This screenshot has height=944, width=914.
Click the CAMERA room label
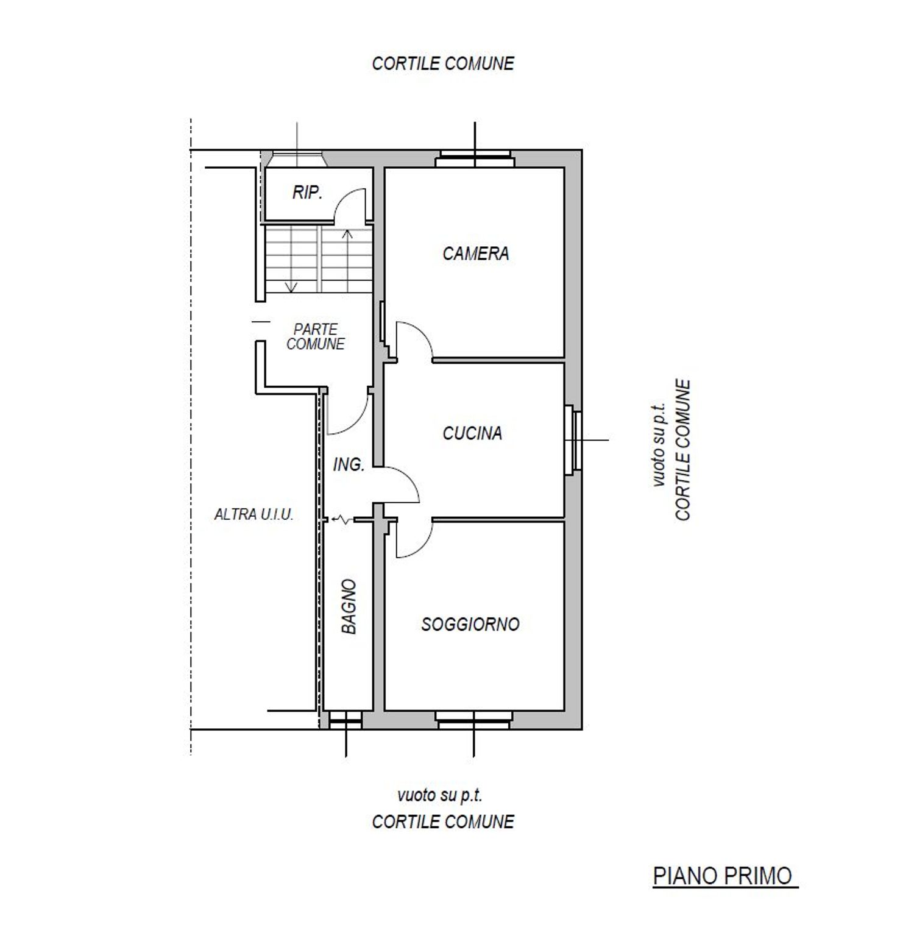pyautogui.click(x=475, y=254)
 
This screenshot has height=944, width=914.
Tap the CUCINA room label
pyautogui.click(x=472, y=433)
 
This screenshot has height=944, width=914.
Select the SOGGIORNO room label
pyautogui.click(x=470, y=624)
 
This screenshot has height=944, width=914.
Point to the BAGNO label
pyautogui.click(x=349, y=606)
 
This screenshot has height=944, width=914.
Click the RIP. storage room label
pyautogui.click(x=307, y=193)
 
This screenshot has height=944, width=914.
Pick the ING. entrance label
pyautogui.click(x=349, y=465)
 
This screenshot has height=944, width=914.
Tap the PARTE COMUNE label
pyautogui.click(x=316, y=336)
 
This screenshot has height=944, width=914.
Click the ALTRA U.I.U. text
pyautogui.click(x=254, y=514)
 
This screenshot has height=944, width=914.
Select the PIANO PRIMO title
pyautogui.click(x=724, y=876)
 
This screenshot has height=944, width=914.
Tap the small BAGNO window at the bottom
pyautogui.click(x=345, y=720)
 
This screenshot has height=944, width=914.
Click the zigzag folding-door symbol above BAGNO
pyautogui.click(x=342, y=520)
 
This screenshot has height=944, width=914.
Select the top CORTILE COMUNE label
pyautogui.click(x=443, y=63)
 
